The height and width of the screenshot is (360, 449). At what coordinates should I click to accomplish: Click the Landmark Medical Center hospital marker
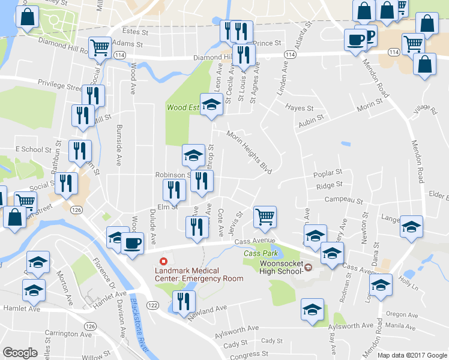[163, 262]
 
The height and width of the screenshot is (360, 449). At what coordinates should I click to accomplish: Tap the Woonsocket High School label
[280, 268]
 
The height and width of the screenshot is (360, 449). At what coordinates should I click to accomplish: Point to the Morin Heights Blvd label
[249, 152]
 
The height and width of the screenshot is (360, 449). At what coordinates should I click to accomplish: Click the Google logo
[20, 352]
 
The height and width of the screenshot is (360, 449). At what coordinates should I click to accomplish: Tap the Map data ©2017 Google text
[412, 355]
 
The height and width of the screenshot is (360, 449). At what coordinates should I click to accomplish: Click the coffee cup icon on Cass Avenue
[132, 243]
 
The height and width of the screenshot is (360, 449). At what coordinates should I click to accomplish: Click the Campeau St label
[344, 200]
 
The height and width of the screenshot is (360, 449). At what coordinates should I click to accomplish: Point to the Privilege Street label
[59, 84]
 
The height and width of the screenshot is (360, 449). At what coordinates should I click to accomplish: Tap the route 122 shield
[153, 306]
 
